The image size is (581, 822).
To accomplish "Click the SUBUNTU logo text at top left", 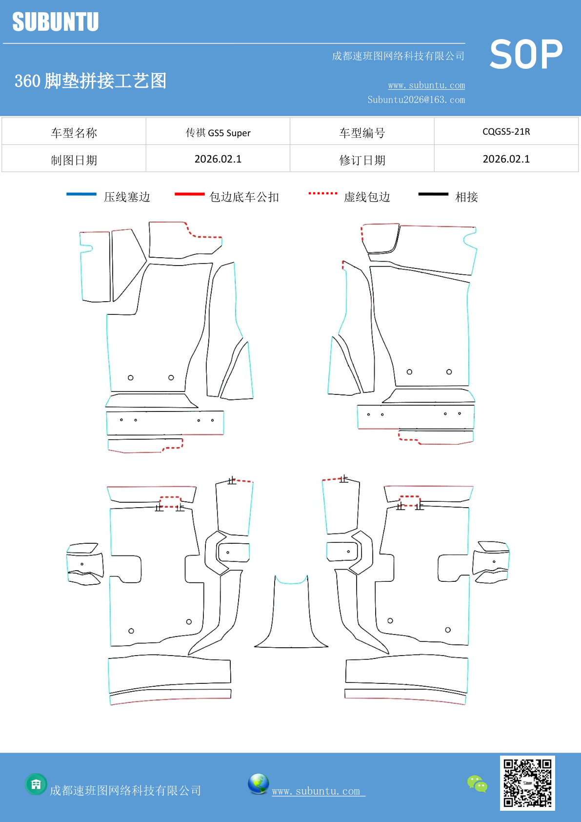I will click(55, 22).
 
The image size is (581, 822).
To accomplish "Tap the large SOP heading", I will click(526, 55).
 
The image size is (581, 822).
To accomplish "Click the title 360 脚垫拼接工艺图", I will click(90, 81).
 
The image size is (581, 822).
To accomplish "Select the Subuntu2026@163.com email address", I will click(416, 100).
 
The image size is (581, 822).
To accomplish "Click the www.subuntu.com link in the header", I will click(426, 85).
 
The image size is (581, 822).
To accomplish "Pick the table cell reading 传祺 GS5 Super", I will click(218, 132).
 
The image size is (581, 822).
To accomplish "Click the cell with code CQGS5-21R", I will click(506, 132).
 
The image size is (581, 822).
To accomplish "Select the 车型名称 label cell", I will click(74, 133).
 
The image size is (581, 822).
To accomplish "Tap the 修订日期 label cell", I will click(362, 160).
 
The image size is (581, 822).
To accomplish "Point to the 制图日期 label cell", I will click(74, 160).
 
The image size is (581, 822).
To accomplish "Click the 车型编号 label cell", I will click(362, 133).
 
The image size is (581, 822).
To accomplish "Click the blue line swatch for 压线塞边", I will click(81, 194).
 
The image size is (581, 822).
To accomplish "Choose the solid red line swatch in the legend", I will click(189, 194).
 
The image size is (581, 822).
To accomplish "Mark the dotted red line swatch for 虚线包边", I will click(322, 194).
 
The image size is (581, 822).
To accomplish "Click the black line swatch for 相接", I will click(433, 194).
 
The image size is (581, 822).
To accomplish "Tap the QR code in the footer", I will click(527, 783).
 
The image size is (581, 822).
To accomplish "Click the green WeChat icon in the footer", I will click(477, 784).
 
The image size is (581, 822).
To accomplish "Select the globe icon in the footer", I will click(258, 784).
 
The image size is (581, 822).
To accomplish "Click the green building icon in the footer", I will click(36, 784).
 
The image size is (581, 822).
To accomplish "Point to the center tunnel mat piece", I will click(291, 615).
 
